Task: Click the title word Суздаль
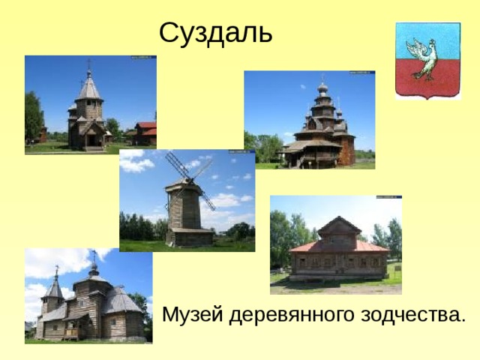coord(215,32)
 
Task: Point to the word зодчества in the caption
coord(412,314)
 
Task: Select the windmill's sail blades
coord(191,177)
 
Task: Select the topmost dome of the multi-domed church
coord(322,88)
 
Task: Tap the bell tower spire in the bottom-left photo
coord(54,286)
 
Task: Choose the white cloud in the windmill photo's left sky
coord(135,164)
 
